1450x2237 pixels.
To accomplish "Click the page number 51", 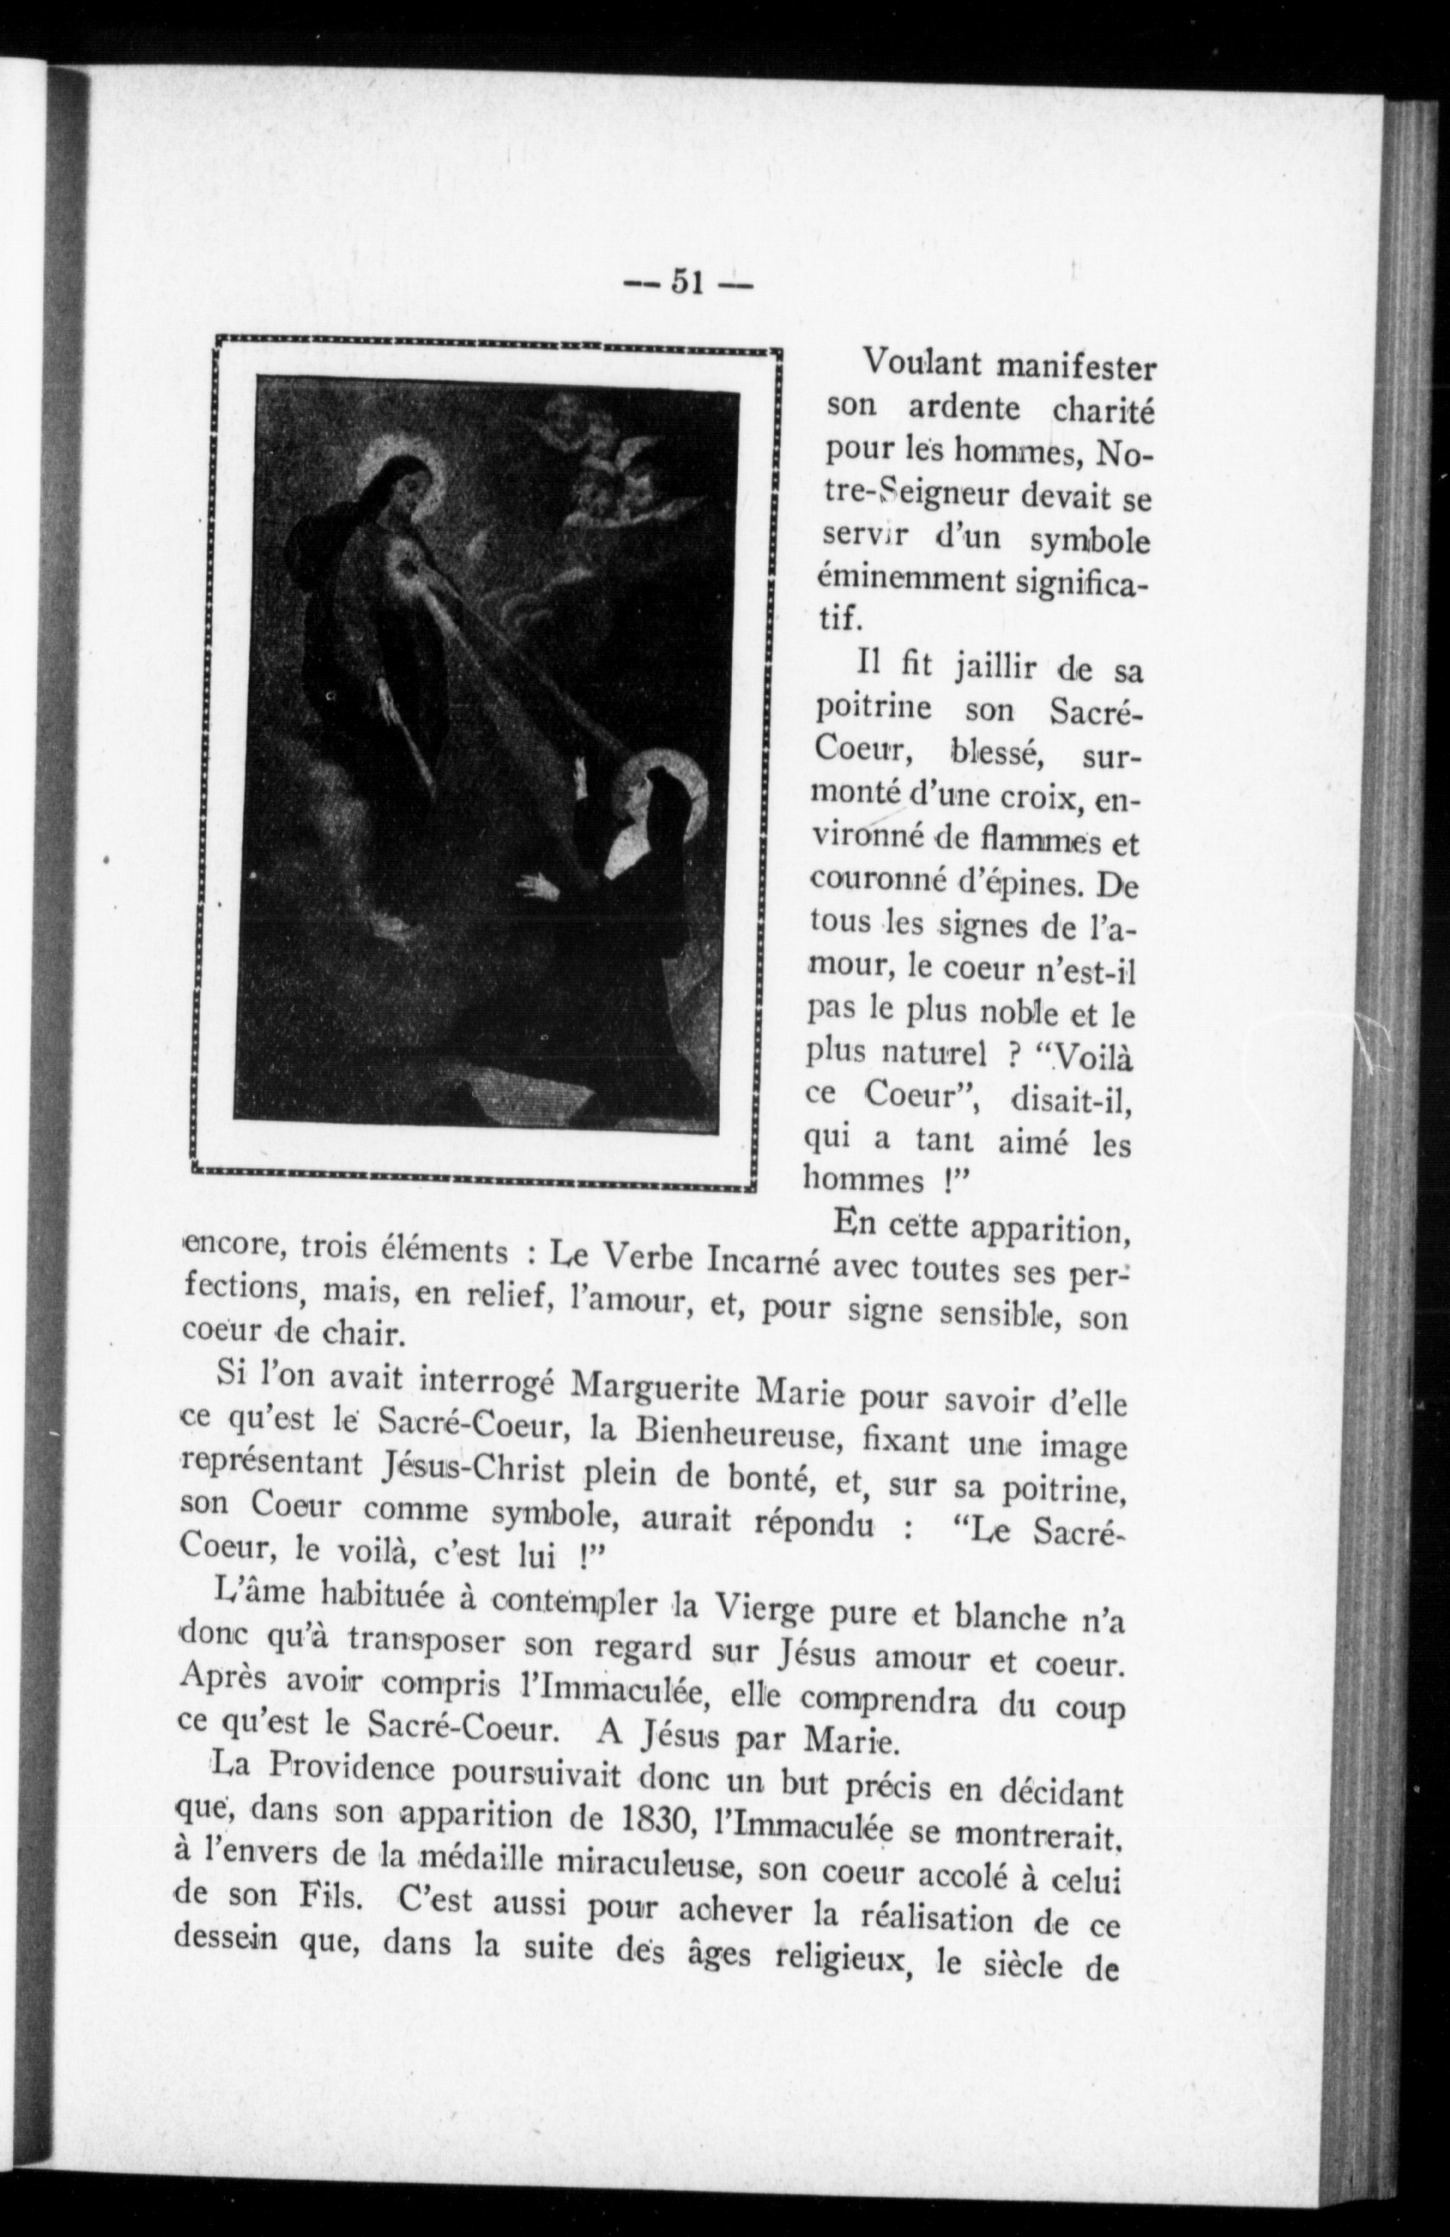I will click(688, 282).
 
